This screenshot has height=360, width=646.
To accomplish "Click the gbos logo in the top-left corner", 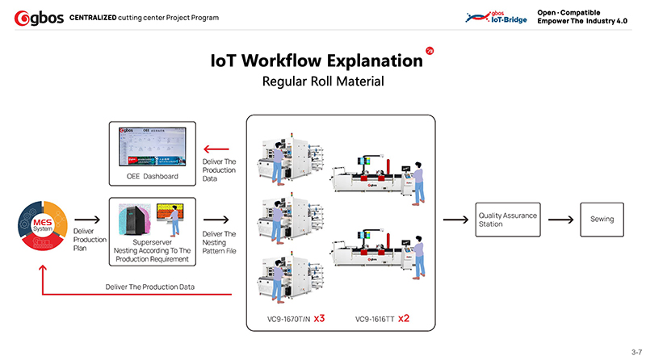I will [x=33, y=17].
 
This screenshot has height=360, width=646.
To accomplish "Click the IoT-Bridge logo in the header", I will [x=497, y=17].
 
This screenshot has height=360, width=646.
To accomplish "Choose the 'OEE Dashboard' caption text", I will [x=152, y=177].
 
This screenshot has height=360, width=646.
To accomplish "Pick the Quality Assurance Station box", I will [x=508, y=220].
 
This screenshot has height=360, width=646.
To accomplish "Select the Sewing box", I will [x=602, y=220].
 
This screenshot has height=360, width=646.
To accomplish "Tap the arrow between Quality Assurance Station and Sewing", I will [x=560, y=220].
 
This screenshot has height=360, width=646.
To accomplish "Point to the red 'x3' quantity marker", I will [x=319, y=319].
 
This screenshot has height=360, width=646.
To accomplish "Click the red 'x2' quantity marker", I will [x=403, y=319].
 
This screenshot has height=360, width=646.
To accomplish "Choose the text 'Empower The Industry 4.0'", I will [x=582, y=20].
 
